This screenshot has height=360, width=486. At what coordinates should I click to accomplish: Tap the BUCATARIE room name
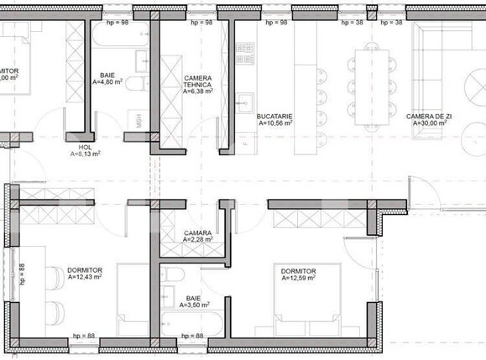point(274,115)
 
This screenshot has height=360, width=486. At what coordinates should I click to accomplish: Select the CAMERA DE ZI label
point(426,116)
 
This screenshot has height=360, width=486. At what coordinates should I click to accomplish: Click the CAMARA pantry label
point(197,232)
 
